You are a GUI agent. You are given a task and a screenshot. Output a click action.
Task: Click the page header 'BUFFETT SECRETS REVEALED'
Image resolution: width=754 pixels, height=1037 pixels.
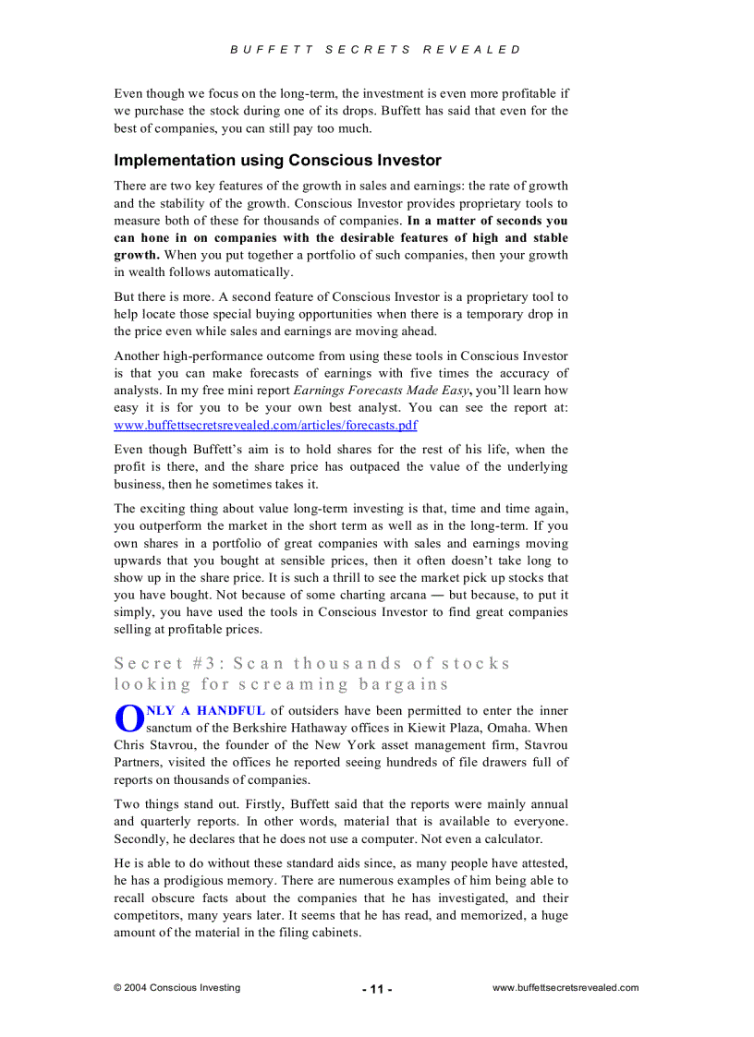pos(376,50)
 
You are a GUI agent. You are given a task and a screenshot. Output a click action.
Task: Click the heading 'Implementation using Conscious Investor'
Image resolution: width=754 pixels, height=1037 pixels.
pos(277,161)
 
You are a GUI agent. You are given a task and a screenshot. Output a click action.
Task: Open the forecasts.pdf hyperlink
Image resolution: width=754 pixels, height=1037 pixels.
pos(265,425)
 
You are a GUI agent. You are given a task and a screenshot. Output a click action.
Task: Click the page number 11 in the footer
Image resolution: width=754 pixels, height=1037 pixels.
pos(377,989)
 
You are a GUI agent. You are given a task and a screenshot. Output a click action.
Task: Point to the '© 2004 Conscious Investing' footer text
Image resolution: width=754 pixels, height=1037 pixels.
pos(176,988)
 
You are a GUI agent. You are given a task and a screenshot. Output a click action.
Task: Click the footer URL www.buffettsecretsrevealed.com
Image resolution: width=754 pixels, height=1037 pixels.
pos(565,988)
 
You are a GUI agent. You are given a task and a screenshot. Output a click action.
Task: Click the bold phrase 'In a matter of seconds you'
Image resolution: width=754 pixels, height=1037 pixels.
pos(487,221)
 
